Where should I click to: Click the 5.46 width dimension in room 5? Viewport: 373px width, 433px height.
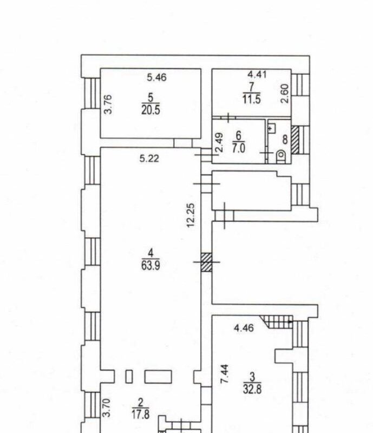point(156,77)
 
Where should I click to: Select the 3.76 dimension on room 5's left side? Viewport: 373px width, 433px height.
point(108,104)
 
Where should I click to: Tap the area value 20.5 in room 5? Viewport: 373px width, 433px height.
point(150,110)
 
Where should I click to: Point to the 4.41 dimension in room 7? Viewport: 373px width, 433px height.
point(257,74)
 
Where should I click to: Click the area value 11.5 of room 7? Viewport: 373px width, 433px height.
point(251,99)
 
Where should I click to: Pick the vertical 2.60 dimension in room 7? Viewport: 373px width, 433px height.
point(285,94)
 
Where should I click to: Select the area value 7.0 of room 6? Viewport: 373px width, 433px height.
point(238,148)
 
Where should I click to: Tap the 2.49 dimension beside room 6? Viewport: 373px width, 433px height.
point(219,143)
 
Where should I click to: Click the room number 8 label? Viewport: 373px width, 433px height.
point(285,140)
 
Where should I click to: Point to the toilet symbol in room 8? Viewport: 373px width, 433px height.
point(281,156)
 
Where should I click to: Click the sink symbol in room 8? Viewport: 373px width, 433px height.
point(271,128)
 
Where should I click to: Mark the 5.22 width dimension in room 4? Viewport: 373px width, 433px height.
point(149,159)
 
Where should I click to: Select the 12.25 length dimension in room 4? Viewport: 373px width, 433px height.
point(191,215)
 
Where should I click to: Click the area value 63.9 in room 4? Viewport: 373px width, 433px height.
point(150,265)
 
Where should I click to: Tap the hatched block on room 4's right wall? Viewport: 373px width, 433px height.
point(206,262)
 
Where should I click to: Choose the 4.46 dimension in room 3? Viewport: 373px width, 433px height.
point(244,328)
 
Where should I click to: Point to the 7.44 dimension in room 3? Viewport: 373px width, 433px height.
point(224,373)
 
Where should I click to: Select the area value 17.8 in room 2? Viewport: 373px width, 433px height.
point(141,414)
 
